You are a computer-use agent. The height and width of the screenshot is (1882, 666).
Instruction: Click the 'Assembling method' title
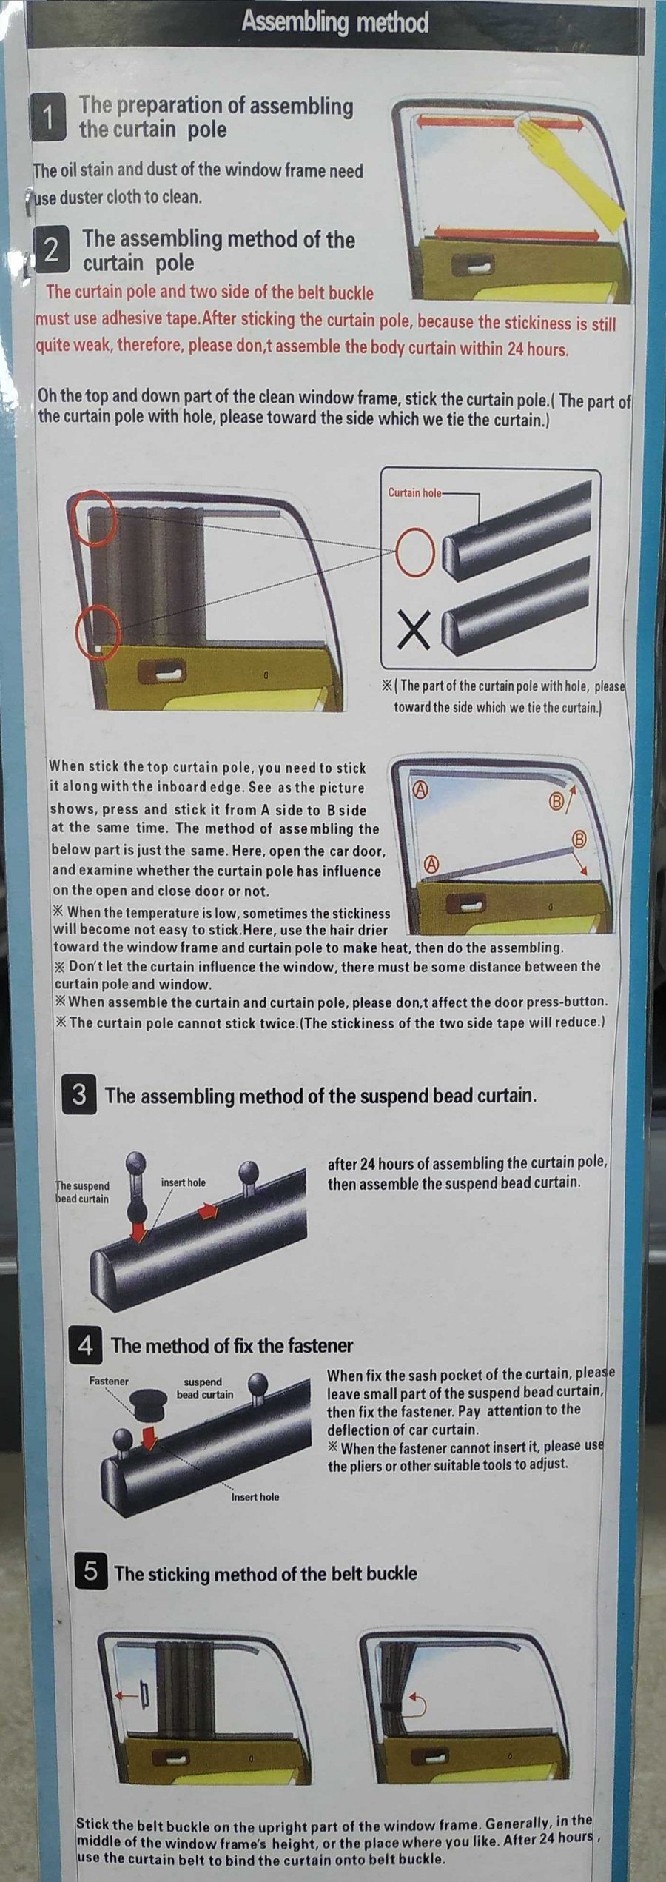[x=335, y=23]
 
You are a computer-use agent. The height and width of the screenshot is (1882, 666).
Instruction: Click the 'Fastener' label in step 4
[x=108, y=1382]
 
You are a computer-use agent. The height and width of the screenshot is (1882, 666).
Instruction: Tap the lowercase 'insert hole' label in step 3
[x=183, y=1182]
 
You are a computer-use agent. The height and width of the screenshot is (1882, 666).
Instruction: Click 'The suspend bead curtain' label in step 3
[x=82, y=1193]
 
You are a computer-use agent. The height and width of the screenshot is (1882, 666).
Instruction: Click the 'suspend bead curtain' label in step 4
[x=203, y=1388]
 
